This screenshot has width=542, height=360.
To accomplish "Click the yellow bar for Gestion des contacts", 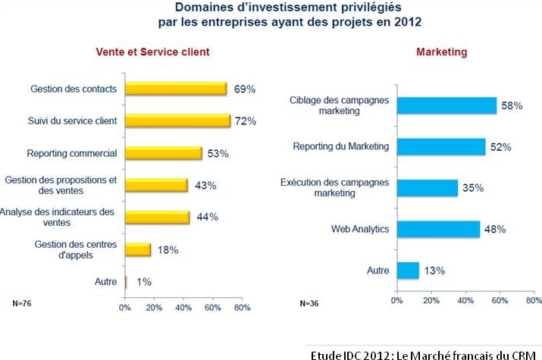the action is tap(176, 89).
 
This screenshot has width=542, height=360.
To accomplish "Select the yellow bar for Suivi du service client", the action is tap(177, 121).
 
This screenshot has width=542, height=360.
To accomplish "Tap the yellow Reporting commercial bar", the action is tap(164, 153).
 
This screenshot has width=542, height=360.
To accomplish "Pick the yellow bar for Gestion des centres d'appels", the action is tap(138, 249).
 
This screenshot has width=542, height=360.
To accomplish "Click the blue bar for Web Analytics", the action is tap(439, 229).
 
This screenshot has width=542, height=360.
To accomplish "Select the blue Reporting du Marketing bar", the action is tap(441, 147).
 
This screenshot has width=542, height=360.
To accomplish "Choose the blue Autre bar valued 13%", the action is tap(409, 270).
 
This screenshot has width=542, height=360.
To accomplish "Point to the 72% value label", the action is tap(246, 121).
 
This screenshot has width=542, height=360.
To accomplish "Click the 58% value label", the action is tap(512, 105).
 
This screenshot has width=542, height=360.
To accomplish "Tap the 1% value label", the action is tap(144, 282).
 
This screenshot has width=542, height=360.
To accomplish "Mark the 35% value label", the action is tap(473, 188).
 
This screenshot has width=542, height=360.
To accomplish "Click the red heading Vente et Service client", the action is tap(153, 52).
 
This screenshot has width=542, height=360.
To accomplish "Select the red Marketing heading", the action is tap(442, 52).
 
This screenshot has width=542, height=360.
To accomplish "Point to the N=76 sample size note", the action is tap(22, 303).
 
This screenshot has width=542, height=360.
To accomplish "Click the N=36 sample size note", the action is tap(309, 303).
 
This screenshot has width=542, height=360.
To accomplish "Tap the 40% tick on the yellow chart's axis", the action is tap(183, 308).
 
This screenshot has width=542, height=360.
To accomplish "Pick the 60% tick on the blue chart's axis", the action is tap(500, 301).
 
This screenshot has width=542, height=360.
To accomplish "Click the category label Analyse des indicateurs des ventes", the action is tap(57, 217).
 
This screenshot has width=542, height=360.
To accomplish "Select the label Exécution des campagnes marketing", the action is tap(334, 188).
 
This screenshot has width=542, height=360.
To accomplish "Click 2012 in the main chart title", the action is tap(408, 22).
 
